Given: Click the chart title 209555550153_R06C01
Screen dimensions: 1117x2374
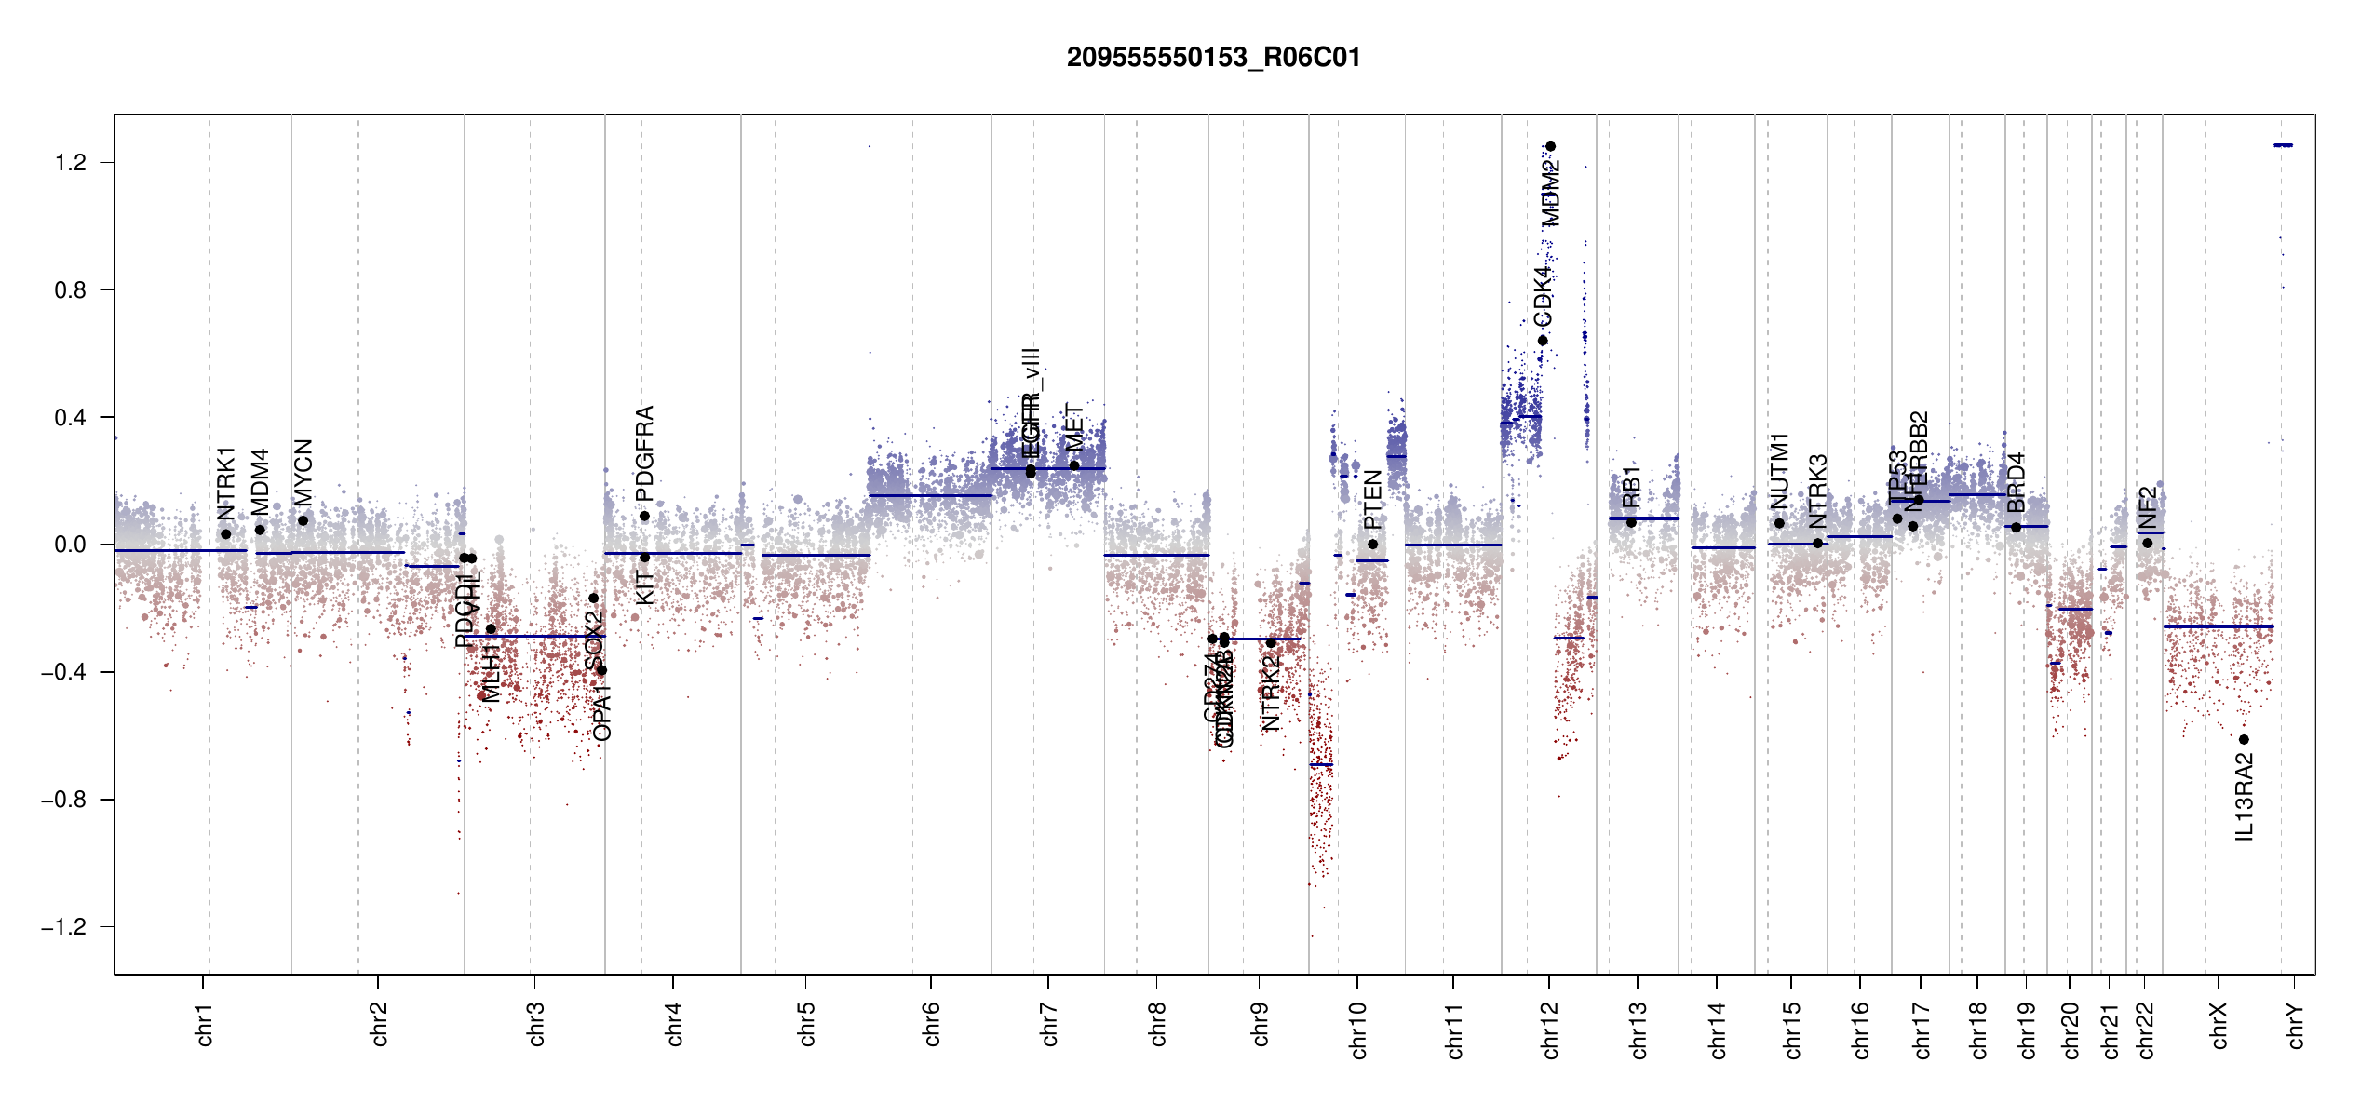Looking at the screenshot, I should (1213, 58).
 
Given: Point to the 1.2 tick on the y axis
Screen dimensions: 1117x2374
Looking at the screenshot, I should (71, 163).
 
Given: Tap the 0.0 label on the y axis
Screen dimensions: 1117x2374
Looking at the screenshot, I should (71, 545).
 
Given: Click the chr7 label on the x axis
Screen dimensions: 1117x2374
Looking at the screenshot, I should (1049, 1024).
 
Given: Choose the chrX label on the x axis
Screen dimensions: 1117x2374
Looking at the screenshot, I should (2219, 1025).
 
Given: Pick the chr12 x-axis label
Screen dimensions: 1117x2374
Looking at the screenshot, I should (1550, 1030).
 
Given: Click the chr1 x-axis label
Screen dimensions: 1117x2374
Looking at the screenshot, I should (205, 1024).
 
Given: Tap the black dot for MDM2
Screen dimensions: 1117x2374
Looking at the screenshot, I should (1550, 146).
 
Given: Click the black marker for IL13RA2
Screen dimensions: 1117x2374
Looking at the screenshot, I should (2244, 739).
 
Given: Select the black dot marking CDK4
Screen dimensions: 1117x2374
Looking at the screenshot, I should (1543, 341).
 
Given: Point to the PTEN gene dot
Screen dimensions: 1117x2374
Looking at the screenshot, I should (1372, 544).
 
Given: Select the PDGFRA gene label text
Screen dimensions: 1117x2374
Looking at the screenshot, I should (644, 453).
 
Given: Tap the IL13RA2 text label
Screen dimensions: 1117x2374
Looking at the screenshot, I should (2245, 797).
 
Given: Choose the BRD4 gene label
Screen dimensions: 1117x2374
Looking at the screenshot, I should (2017, 482).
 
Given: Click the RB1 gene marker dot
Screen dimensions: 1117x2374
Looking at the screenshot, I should (1631, 522).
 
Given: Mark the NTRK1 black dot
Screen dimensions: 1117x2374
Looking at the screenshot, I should (225, 534).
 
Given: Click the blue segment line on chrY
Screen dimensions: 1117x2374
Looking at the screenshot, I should (2283, 145).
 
